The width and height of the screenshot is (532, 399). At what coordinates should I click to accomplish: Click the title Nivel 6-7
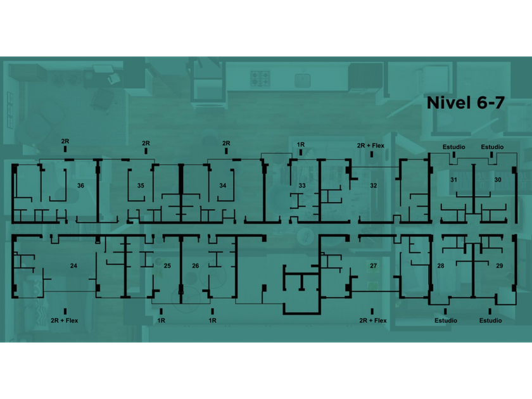[465, 103]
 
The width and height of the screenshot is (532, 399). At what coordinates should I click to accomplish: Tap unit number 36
[80, 186]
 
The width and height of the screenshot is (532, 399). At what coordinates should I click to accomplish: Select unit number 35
[141, 186]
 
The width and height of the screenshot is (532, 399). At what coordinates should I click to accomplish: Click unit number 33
[302, 186]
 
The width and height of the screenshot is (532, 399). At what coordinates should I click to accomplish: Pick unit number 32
[374, 186]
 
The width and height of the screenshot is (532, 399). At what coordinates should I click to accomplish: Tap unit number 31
[453, 180]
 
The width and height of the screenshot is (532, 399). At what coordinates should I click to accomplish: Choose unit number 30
[498, 180]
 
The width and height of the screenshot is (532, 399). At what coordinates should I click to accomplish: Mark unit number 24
[73, 265]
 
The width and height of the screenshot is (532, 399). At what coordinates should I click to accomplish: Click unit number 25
[167, 265]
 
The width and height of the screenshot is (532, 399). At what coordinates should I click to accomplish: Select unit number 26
[195, 265]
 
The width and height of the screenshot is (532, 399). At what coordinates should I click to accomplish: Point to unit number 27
[374, 265]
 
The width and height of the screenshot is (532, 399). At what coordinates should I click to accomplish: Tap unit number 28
[441, 265]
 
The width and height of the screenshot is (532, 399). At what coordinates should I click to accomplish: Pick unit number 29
[500, 265]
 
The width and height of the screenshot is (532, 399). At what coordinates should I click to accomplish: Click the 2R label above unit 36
[65, 141]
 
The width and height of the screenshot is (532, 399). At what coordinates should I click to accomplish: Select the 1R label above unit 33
[301, 145]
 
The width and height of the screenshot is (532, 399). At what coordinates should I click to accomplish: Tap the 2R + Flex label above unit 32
[371, 145]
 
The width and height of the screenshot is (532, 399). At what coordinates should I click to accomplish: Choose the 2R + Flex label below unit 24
[65, 320]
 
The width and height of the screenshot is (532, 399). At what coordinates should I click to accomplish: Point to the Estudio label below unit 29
[490, 320]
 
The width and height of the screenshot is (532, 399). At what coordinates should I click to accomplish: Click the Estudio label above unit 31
[453, 147]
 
